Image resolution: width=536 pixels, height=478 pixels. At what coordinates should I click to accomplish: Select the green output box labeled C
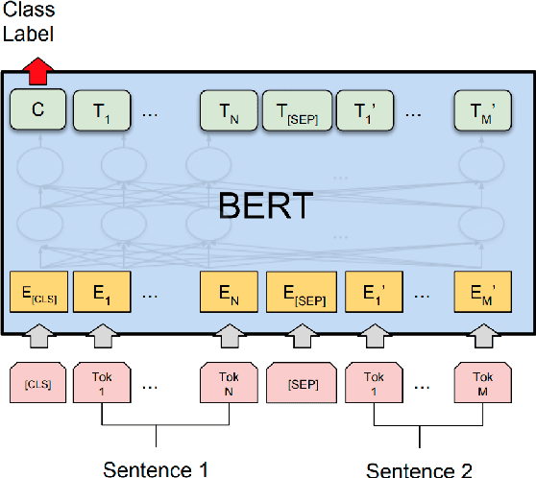(x=37, y=110)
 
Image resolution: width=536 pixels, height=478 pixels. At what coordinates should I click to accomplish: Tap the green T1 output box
(x=100, y=110)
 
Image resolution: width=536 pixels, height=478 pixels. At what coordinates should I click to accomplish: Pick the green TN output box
(x=227, y=110)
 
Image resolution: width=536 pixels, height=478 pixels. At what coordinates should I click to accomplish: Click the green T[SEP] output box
(x=296, y=110)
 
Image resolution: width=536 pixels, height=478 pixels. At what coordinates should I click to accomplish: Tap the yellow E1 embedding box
(x=100, y=294)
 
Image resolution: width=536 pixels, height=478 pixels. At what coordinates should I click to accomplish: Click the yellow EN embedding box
(x=227, y=294)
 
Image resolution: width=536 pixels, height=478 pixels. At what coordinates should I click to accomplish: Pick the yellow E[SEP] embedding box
(x=296, y=294)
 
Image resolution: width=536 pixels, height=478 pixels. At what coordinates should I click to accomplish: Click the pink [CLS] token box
(x=37, y=384)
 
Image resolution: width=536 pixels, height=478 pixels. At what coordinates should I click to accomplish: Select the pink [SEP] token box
(x=296, y=384)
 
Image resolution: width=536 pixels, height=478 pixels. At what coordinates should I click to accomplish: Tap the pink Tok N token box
(x=227, y=384)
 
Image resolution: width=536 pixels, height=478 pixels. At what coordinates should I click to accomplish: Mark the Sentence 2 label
(x=419, y=469)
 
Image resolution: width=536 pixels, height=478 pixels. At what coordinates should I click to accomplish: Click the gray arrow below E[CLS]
(x=37, y=338)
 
